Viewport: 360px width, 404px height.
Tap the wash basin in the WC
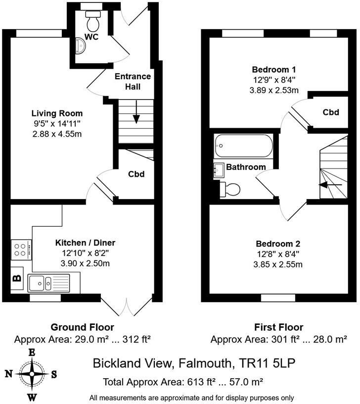[81, 46]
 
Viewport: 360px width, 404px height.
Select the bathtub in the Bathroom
[243, 146]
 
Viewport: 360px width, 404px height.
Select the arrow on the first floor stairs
[330, 185]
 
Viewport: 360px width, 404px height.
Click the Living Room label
[57, 113]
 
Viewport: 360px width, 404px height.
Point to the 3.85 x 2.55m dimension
[277, 264]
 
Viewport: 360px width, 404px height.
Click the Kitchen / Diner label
[85, 243]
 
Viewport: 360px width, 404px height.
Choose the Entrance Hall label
[133, 82]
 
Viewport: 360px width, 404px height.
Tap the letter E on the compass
[32, 353]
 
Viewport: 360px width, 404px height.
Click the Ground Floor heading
[82, 327]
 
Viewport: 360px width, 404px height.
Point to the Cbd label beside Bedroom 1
[331, 112]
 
